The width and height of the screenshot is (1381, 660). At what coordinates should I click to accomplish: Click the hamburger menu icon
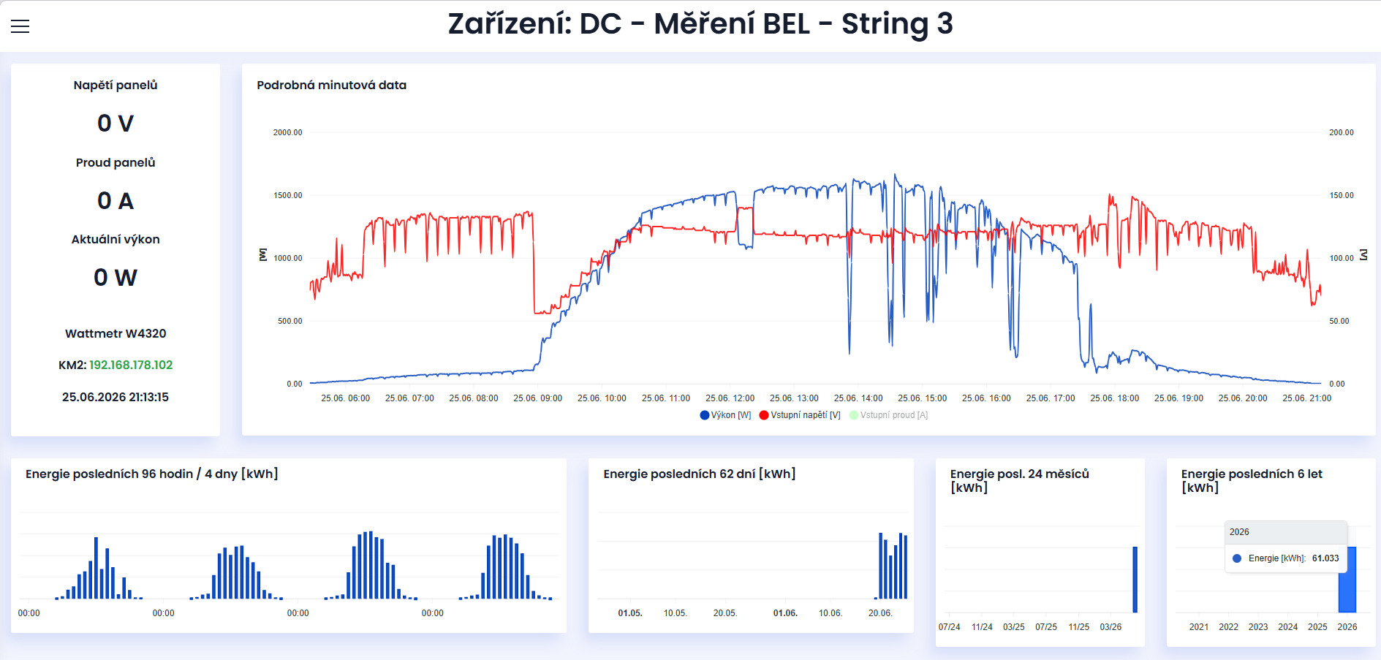[x=20, y=26]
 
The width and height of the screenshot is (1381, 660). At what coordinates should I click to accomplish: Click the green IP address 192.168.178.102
[x=131, y=365]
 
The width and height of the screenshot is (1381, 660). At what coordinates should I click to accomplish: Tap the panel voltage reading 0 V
[x=116, y=123]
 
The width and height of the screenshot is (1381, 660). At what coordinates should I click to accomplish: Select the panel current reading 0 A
[x=116, y=200]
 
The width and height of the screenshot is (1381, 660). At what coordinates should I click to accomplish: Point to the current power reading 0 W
[x=116, y=277]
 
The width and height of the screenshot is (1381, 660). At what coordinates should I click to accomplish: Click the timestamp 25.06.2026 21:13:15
[x=116, y=397]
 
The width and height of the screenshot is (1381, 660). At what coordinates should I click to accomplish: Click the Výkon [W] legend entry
[x=725, y=415]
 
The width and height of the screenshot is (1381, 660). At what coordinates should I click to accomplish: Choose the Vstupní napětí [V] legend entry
[x=800, y=415]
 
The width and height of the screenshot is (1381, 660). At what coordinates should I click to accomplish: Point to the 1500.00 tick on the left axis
[x=287, y=195]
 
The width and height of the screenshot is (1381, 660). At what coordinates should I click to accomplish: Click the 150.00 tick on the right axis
[x=1342, y=195]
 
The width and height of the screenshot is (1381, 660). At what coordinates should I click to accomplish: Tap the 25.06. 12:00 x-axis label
[x=730, y=398]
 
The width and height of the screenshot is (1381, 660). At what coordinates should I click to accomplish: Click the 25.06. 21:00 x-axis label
[x=1307, y=398]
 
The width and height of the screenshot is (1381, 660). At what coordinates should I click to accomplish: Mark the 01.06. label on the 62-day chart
[x=785, y=613]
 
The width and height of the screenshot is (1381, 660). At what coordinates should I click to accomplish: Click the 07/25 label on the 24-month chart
[x=1046, y=627]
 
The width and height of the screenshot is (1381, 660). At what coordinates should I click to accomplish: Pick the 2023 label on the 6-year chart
[x=1258, y=627]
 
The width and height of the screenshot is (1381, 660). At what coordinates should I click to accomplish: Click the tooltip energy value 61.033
[x=1325, y=558]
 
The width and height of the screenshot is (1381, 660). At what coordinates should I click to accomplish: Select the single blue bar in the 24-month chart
[x=1135, y=580]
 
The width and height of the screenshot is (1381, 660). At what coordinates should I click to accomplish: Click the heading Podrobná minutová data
[x=332, y=85]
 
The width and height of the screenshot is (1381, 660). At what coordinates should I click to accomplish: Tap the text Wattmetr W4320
[x=116, y=333]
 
